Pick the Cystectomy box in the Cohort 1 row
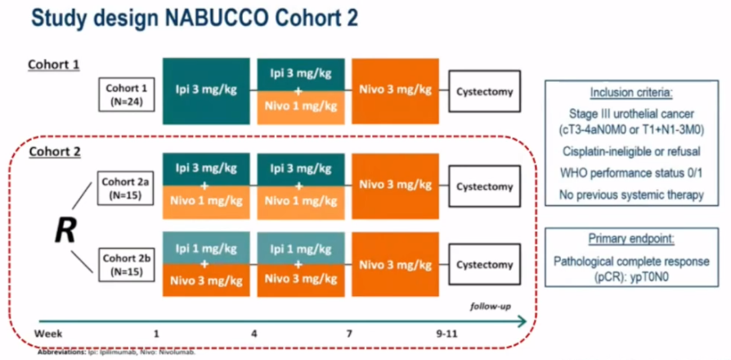click(x=484, y=91)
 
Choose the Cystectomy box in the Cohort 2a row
click(x=484, y=187)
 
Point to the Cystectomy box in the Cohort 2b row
click(x=484, y=265)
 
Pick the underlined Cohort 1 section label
click(x=54, y=64)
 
